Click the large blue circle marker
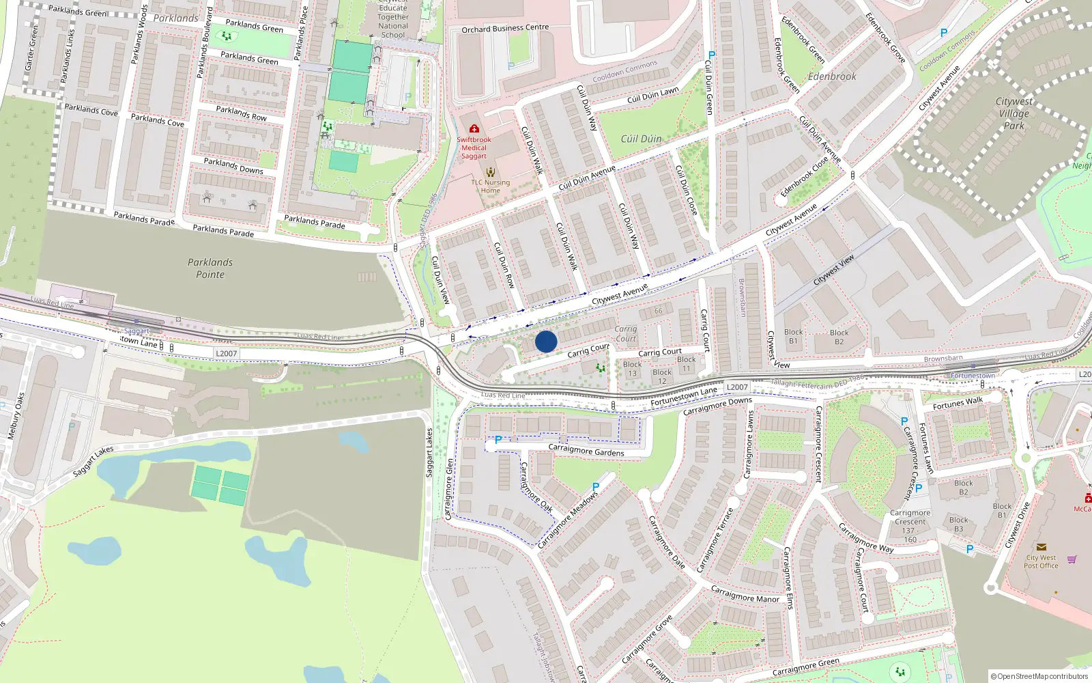[x=546, y=341]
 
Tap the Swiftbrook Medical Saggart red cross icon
[x=474, y=128]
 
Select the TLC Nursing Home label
[x=490, y=186]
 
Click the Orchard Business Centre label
[x=505, y=29]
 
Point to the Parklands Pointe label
[x=210, y=268]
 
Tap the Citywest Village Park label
[x=1014, y=113]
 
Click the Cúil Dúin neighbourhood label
[x=641, y=139]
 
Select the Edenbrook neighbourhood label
[x=832, y=76]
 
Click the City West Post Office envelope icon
[x=1041, y=547]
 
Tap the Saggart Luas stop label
[x=136, y=331]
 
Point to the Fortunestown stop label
[x=973, y=376]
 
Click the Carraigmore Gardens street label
[x=586, y=451]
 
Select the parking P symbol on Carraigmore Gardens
[x=498, y=441]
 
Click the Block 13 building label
[x=633, y=369]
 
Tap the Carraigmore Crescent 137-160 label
[x=910, y=526]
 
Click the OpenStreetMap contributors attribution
[x=1039, y=676]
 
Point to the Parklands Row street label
[x=241, y=113]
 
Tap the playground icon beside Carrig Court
[x=601, y=367]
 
